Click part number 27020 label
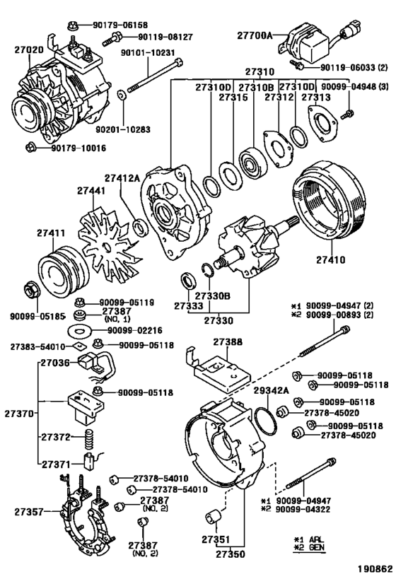click(x=29, y=49)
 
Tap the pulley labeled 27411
click(x=64, y=270)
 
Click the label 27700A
click(x=255, y=35)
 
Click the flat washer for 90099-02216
click(x=78, y=330)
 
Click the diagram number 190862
click(x=374, y=568)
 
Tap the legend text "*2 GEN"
click(x=309, y=547)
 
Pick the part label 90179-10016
click(x=78, y=148)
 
